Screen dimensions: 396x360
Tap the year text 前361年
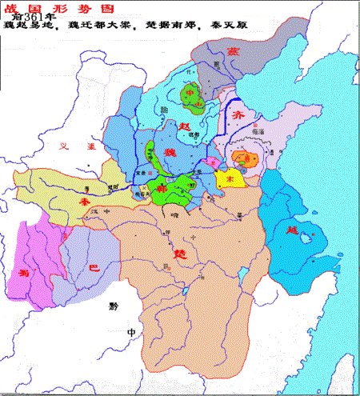pyautogui.click(x=35, y=18)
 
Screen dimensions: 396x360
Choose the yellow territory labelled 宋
pyautogui.click(x=228, y=178)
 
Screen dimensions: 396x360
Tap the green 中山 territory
pyautogui.click(x=194, y=96)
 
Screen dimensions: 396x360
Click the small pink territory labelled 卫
pyautogui.click(x=212, y=163)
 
